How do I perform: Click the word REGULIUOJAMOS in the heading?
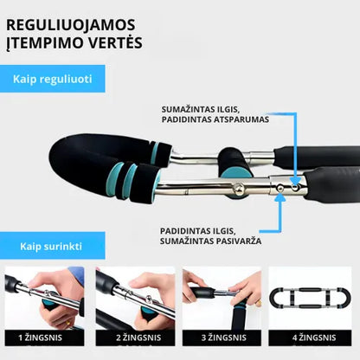click(71, 24)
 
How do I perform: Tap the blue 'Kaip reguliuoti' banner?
click(53, 79)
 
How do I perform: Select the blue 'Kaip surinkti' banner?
click(53, 246)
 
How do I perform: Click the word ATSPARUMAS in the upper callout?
click(241, 119)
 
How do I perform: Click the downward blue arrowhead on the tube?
click(295, 182)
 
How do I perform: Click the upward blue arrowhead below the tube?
click(280, 198)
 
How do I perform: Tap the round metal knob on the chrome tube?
click(239, 189)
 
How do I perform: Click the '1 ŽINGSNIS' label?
click(40, 337)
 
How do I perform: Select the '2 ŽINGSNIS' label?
click(138, 337)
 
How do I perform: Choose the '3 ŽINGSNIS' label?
click(224, 337)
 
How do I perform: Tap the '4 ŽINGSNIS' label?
click(314, 337)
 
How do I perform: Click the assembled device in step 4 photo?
click(310, 298)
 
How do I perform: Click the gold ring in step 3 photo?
click(259, 304)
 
